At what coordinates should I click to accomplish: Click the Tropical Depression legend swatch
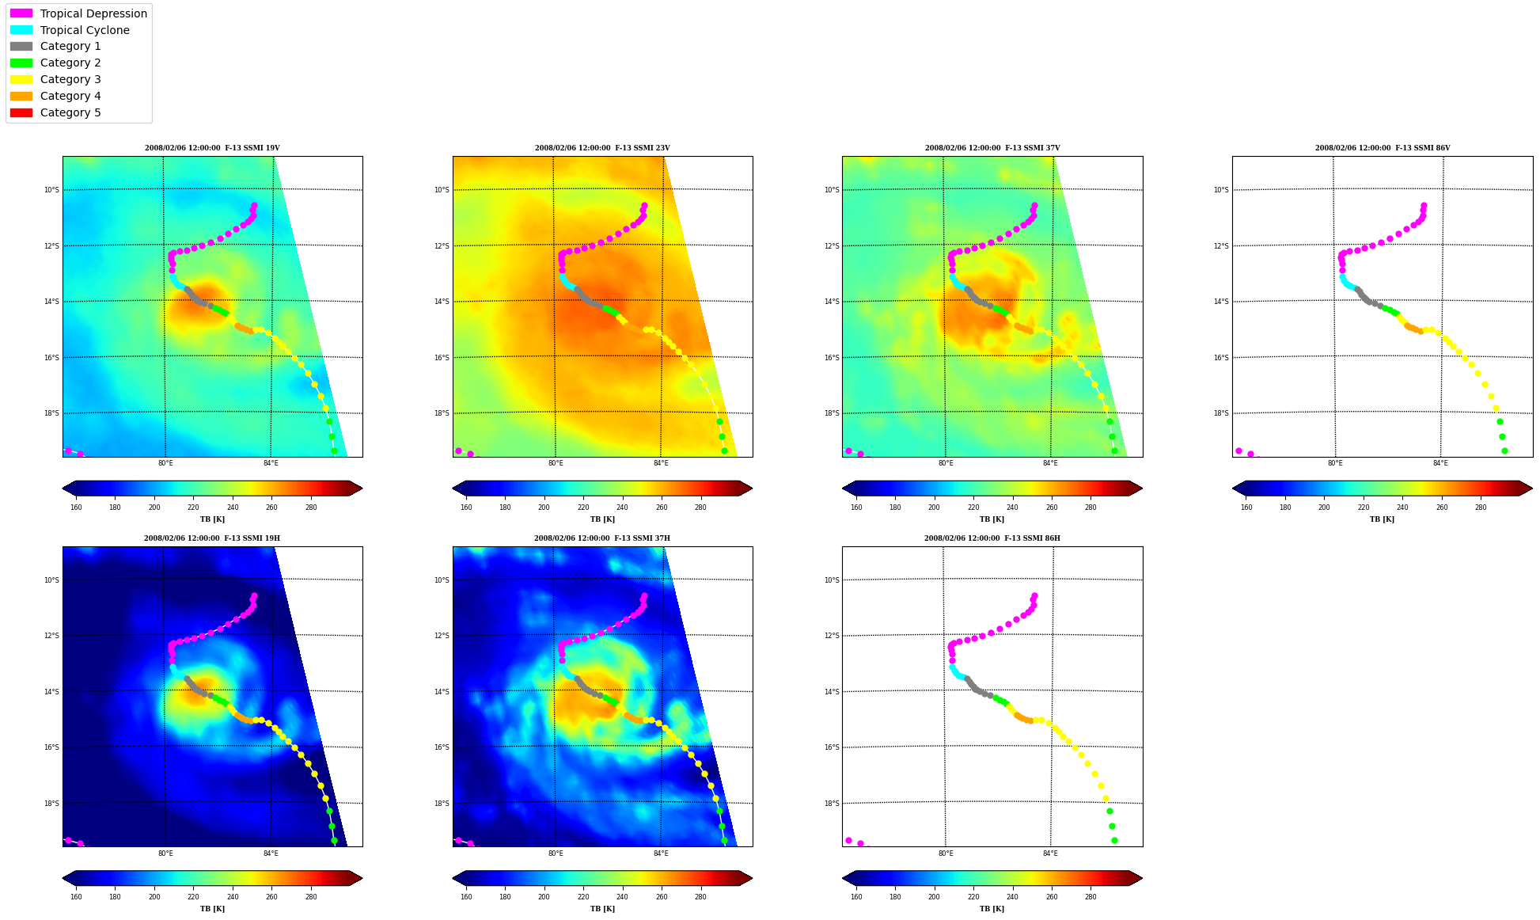coord(21,13)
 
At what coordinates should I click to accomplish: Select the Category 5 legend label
coord(70,112)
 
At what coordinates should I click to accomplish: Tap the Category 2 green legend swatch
coord(21,63)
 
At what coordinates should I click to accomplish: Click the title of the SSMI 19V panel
coord(212,148)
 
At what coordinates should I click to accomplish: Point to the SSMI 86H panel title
coord(992,538)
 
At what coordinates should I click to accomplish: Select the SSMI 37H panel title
coord(602,538)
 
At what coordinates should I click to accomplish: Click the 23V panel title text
coord(602,148)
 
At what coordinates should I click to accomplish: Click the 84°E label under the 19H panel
coord(271,853)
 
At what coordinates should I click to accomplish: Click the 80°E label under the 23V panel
coord(556,463)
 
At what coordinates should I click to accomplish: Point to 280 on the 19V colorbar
coord(311,508)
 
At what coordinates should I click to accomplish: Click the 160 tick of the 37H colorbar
coord(466,897)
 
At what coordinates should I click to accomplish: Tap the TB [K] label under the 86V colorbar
coord(1383,519)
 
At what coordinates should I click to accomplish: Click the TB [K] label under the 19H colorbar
coord(212,909)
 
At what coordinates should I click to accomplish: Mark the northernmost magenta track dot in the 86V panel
coord(1424,206)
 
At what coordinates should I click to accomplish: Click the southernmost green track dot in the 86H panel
coord(1114,841)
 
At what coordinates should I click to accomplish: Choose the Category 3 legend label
coord(70,79)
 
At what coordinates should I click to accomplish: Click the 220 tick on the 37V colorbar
coord(973,508)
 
